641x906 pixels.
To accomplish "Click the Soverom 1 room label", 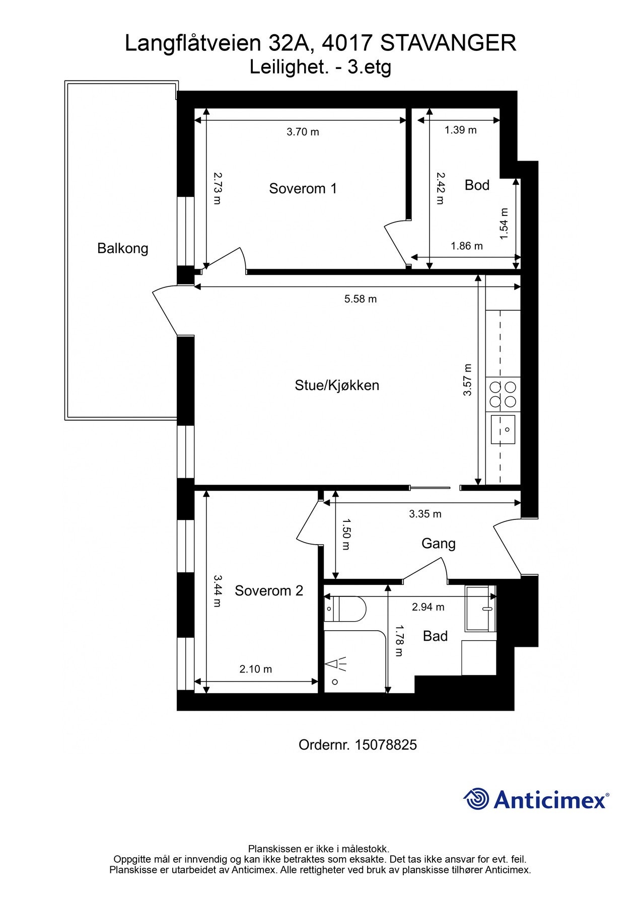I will [303, 189].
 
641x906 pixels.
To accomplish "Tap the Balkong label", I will [122, 249].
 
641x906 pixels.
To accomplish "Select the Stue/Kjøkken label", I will [337, 386].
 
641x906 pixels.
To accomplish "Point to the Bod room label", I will [477, 185].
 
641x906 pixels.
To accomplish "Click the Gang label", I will [438, 544].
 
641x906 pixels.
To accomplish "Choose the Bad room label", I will [435, 636].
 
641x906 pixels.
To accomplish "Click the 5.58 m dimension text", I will [360, 299].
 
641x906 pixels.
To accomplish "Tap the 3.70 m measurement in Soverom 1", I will [303, 132].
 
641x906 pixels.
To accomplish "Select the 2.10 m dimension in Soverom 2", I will [255, 669].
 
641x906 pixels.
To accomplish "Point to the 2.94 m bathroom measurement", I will [428, 607].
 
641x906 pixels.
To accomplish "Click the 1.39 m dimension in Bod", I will [460, 130].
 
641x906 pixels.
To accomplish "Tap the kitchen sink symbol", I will [503, 429].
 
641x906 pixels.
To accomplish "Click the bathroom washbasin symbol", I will [480, 608].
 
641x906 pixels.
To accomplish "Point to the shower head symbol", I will [336, 664].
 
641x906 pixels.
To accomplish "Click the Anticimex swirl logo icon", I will [476, 799].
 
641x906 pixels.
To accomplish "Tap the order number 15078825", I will [386, 745].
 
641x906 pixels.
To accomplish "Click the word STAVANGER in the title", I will [448, 43].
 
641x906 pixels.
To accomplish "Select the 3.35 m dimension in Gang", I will [425, 514].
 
